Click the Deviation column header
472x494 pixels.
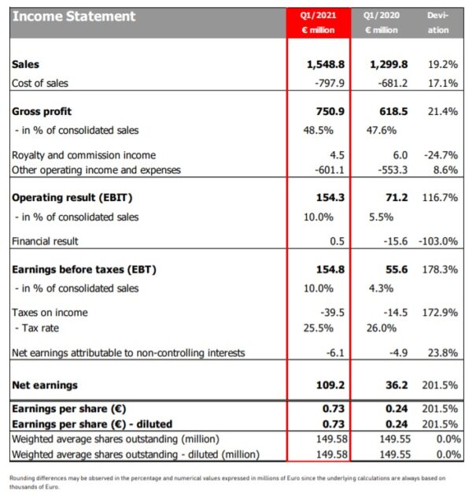(x=439, y=22)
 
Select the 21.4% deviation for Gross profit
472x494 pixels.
(x=441, y=112)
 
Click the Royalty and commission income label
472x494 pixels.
(x=83, y=155)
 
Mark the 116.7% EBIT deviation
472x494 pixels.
(x=439, y=198)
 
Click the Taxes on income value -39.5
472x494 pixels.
(x=329, y=312)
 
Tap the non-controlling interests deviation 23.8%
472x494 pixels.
(x=441, y=352)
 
